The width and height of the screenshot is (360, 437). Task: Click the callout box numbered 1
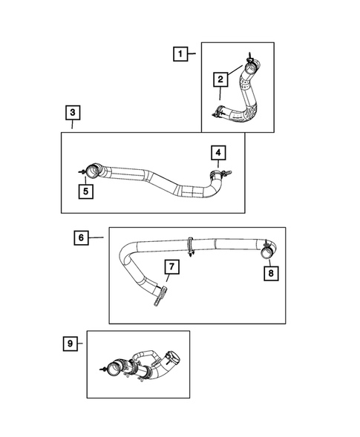click(179, 53)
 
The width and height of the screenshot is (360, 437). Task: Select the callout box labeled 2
click(220, 79)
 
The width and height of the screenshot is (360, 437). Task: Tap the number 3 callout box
click(71, 113)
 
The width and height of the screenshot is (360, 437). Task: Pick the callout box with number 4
click(218, 154)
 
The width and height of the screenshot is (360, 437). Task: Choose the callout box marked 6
click(82, 237)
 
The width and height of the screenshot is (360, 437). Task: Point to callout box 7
click(170, 266)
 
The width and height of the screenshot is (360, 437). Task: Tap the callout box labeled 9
click(71, 343)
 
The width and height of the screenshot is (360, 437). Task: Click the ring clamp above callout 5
click(92, 171)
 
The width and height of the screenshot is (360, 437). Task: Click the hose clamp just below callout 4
click(217, 175)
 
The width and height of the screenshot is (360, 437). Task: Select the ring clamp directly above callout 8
click(266, 250)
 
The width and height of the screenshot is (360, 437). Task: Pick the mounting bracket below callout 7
click(159, 299)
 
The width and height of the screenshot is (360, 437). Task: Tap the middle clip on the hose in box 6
click(192, 244)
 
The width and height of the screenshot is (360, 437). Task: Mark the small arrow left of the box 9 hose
click(102, 367)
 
